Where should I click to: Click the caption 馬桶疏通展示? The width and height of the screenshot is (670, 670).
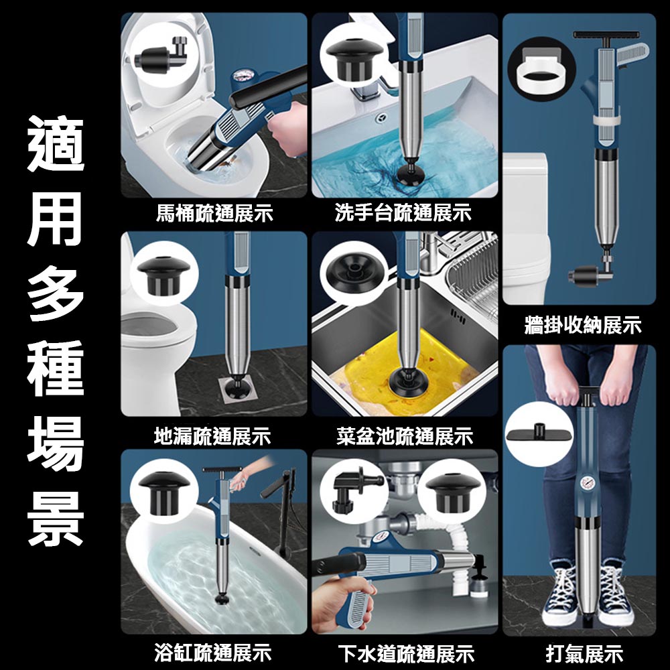coord(214,214)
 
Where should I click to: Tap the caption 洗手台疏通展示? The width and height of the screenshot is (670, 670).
coord(403,214)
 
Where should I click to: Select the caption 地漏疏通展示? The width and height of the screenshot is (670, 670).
coord(212,437)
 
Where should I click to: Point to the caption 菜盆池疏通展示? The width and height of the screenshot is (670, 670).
coord(405,437)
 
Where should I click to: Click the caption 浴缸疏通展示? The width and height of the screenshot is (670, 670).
coord(212,651)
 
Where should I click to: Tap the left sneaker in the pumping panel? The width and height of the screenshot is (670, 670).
coord(562,590)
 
